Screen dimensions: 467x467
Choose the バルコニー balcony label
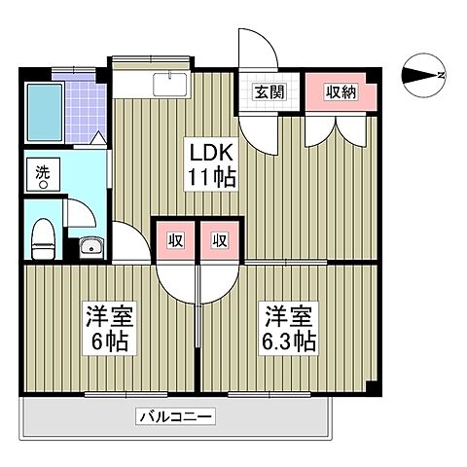click(x=175, y=416)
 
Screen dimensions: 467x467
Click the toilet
click(x=43, y=237)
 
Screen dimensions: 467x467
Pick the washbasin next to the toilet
click(x=90, y=244)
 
